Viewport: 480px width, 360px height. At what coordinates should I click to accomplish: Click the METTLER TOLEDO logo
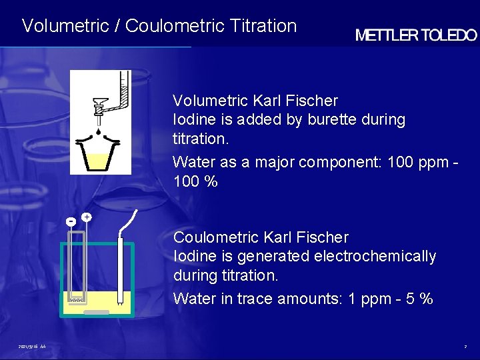(416, 36)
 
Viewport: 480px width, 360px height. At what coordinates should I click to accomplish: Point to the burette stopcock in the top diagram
(101, 106)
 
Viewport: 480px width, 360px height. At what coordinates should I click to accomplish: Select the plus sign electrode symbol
(87, 217)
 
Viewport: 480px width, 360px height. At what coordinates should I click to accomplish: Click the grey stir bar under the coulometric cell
(97, 312)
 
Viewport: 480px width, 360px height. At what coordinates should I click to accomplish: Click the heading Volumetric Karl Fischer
(255, 101)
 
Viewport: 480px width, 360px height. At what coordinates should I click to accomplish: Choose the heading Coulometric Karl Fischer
(261, 237)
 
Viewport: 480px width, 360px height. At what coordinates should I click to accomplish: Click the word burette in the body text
(332, 120)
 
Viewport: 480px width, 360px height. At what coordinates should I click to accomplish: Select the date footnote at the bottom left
(32, 347)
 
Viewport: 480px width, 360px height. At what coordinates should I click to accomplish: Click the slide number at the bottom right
(466, 347)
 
